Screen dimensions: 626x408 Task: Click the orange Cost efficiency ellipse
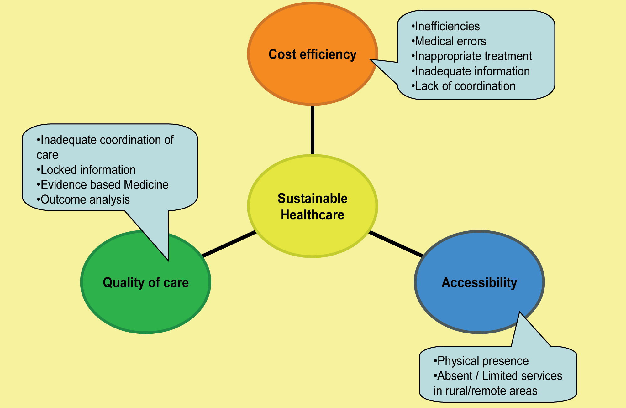313,78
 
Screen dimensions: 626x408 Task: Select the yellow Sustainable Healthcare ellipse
313,238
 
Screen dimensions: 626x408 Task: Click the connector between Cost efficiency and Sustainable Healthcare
313,130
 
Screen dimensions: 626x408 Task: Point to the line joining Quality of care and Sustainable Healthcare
229,244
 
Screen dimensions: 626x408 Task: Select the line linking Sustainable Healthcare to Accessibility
396,244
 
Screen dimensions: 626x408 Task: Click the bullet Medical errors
449,41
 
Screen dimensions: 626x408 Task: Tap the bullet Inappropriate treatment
471,56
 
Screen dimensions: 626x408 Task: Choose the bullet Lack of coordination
463,86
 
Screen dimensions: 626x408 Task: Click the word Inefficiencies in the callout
447,26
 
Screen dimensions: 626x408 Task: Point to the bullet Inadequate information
471,71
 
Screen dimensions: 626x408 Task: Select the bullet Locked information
86,170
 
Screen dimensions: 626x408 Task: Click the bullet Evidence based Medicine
103,185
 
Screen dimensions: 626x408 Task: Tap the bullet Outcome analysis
83,200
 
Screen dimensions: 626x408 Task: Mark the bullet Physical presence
481,361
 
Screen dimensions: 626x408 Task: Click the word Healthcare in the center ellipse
313,215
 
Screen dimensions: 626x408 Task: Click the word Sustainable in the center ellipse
313,199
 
